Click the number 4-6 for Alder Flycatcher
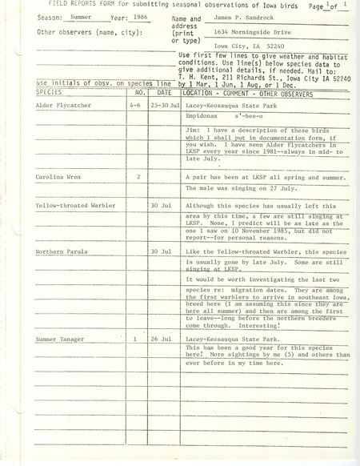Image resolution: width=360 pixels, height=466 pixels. pos(138,127)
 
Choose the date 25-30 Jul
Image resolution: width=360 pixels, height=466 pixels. pos(165,127)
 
